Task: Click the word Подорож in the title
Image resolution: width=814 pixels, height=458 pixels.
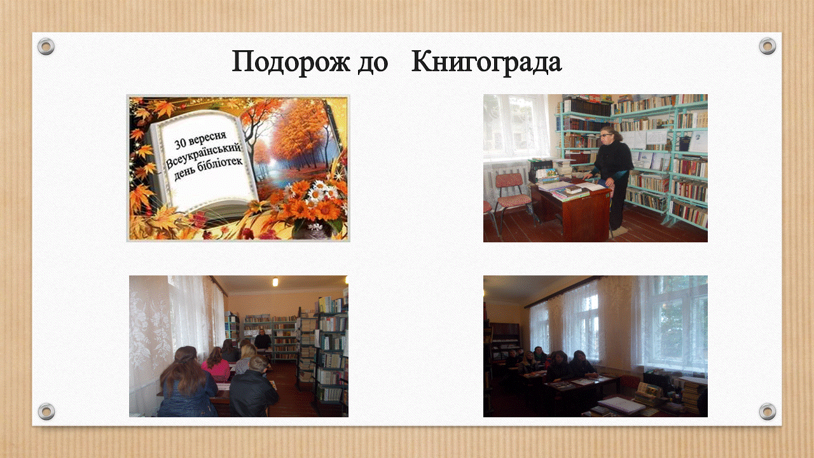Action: click(x=291, y=62)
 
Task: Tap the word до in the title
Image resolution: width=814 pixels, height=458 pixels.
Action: click(x=373, y=63)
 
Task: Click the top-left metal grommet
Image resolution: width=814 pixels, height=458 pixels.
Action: click(x=46, y=46)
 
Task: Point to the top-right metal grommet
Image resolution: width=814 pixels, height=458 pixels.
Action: click(x=768, y=46)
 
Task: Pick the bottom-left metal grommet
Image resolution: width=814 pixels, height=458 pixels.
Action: click(x=46, y=412)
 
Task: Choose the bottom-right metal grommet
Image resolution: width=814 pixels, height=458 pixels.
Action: click(x=768, y=412)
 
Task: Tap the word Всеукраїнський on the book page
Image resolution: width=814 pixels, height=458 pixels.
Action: click(x=203, y=156)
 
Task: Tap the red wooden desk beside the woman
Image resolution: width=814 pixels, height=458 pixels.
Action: click(x=571, y=211)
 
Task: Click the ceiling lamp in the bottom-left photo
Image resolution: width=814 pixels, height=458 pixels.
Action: click(x=275, y=282)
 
